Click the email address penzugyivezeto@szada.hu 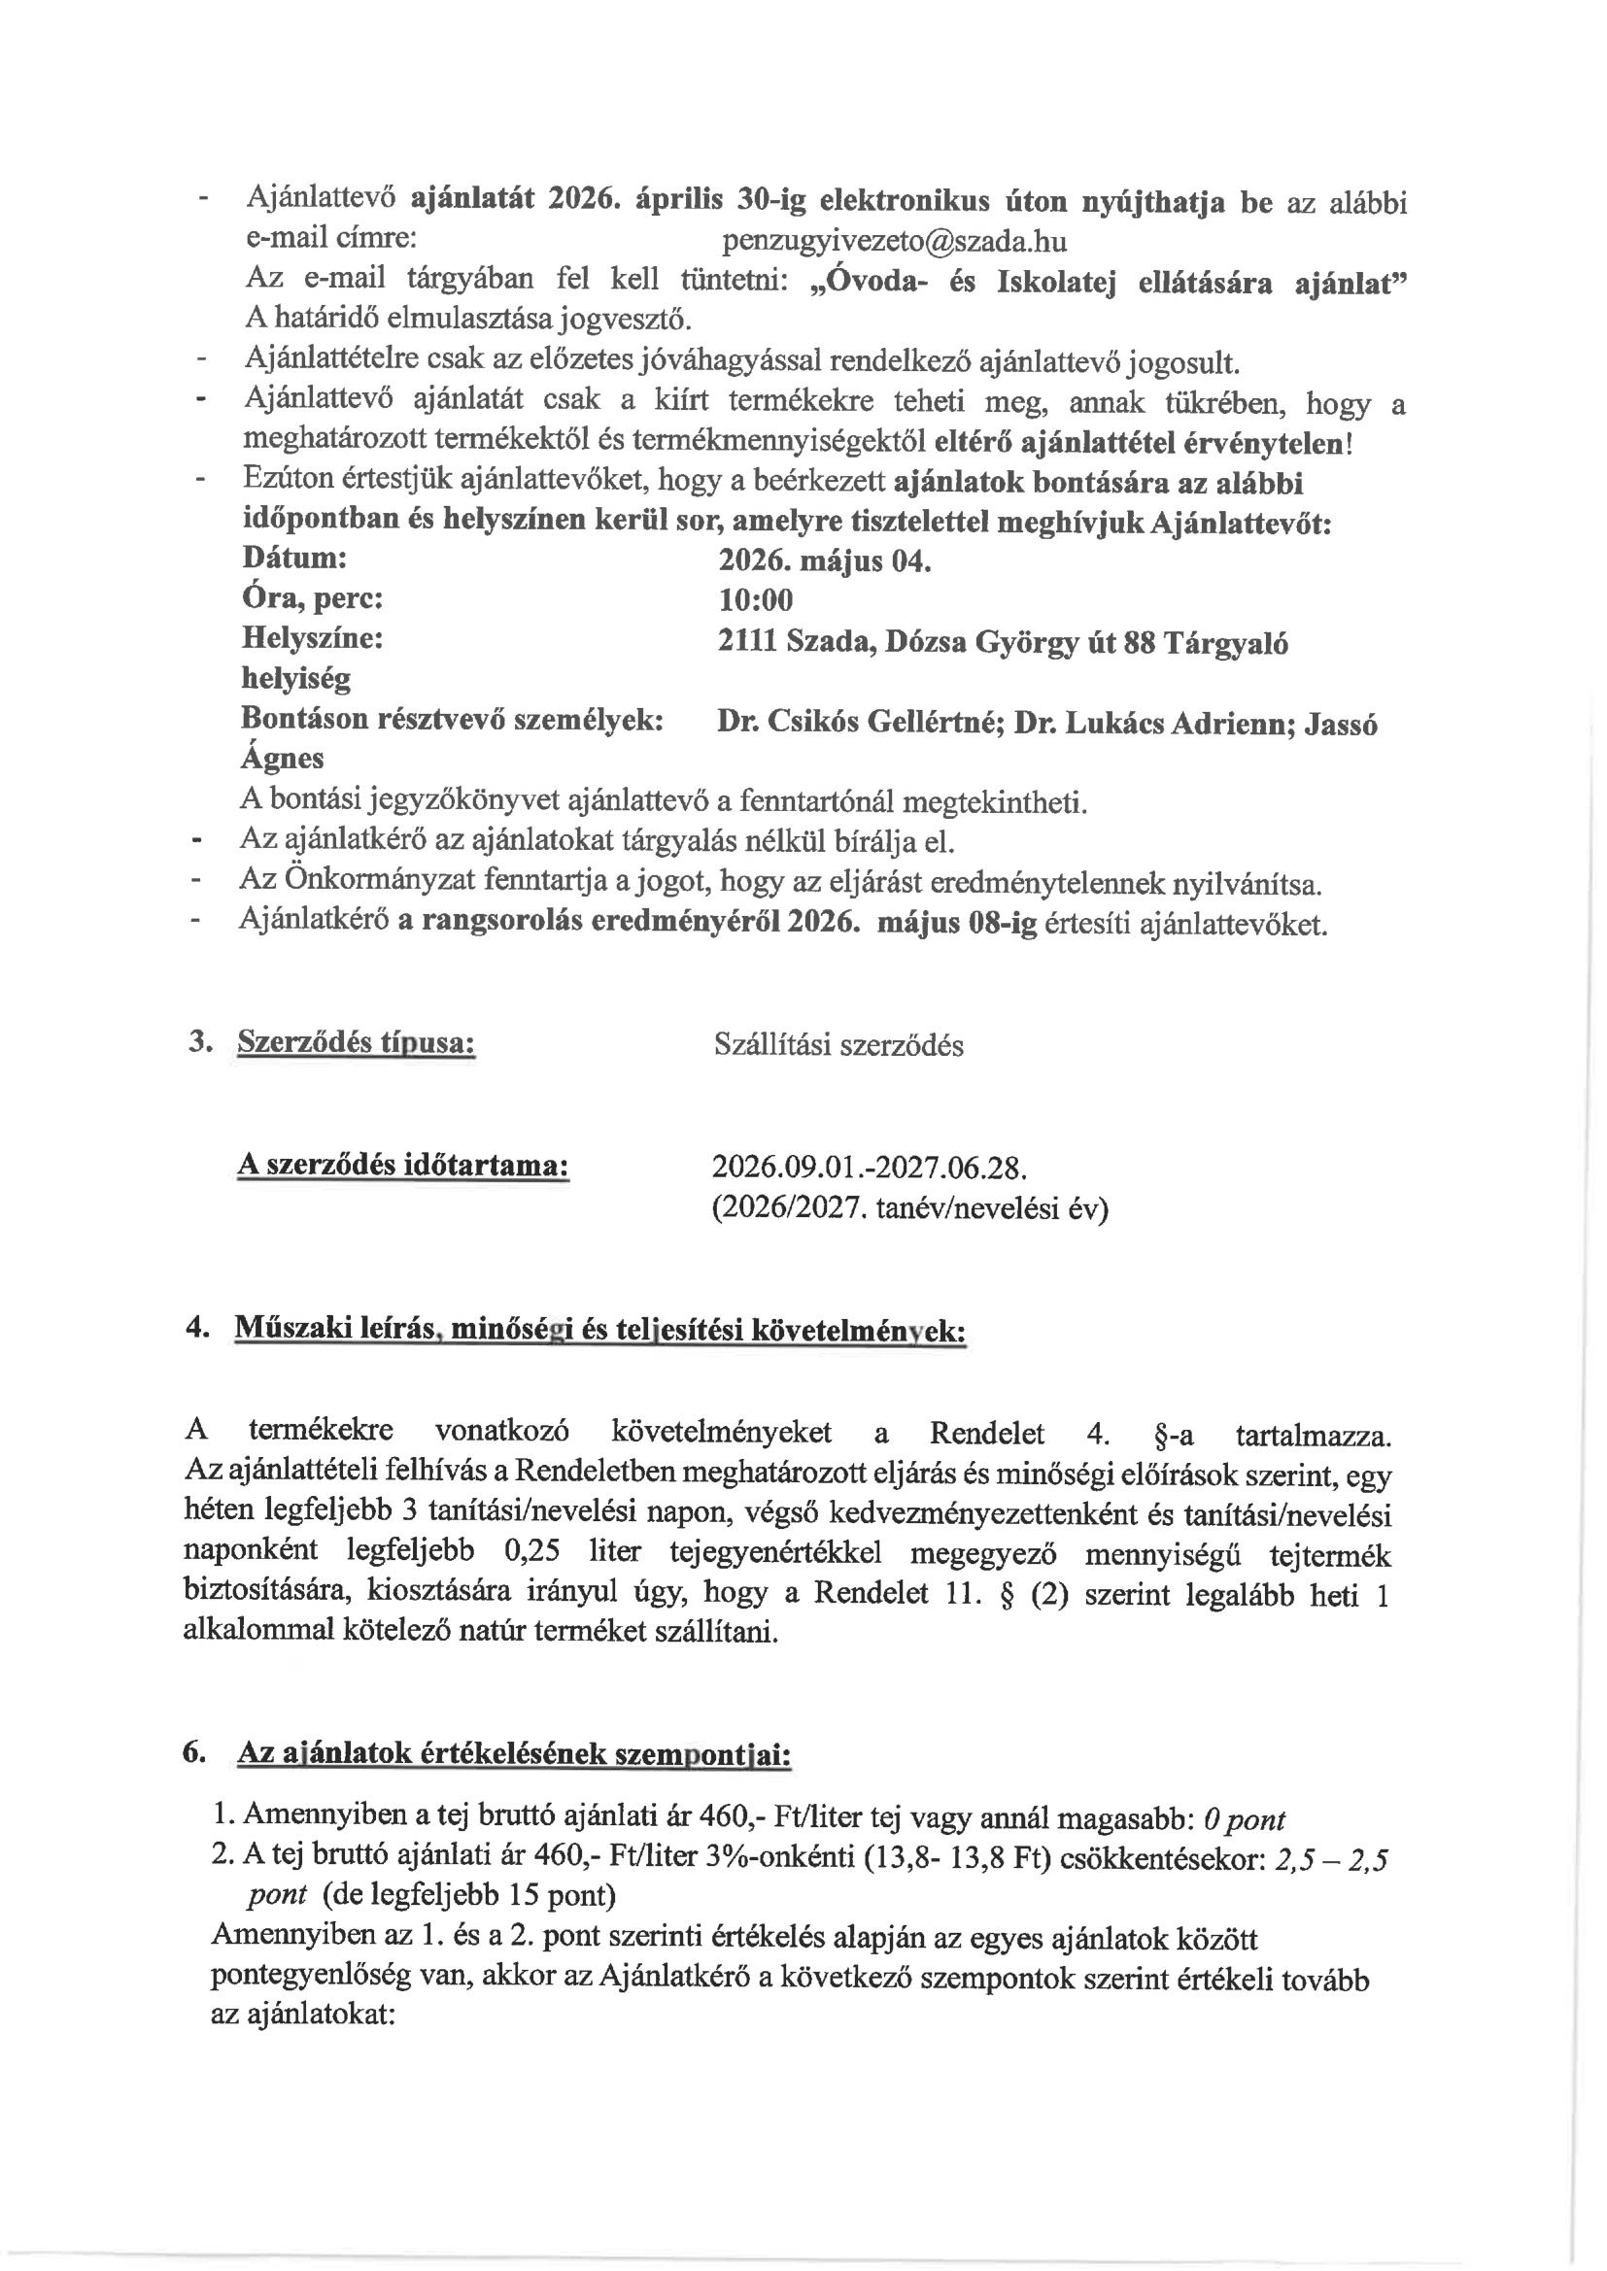point(894,240)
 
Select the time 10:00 point(755,600)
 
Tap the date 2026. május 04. point(824,561)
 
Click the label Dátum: point(293,558)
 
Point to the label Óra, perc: point(312,598)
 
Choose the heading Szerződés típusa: point(357,1042)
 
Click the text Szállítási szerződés point(838,1045)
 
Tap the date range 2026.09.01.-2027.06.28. point(869,1169)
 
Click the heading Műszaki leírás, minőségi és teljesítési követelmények point(599,1330)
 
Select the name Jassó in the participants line point(1341,724)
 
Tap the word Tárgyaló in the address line point(1226,643)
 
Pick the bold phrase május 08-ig point(956,923)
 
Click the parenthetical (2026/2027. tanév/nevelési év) point(909,1208)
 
